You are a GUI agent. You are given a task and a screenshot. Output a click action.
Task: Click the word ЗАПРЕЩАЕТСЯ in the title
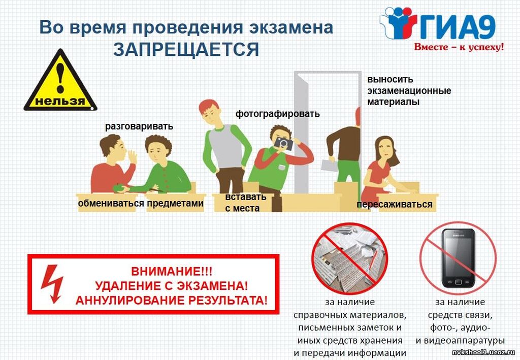(x=186, y=50)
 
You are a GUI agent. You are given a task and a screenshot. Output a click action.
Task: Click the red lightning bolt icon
(x=52, y=284)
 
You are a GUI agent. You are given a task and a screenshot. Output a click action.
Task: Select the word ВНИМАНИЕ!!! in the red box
(x=172, y=272)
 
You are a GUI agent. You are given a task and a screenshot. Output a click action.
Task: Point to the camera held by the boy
(x=283, y=143)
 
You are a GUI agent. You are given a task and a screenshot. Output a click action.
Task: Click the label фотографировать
(x=278, y=114)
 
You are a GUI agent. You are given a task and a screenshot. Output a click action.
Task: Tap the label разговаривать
(x=139, y=126)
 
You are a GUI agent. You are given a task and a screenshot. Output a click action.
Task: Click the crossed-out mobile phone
(x=459, y=258)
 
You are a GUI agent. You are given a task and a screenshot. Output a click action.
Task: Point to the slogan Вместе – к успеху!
(x=459, y=47)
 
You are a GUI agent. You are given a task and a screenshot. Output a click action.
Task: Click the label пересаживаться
(x=394, y=204)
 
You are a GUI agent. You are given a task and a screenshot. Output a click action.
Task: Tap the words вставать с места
(x=246, y=202)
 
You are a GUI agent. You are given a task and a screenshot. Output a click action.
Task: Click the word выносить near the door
(x=390, y=80)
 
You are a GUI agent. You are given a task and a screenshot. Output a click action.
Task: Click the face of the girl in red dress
(x=385, y=150)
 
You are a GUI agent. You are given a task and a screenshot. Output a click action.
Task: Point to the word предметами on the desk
(x=175, y=203)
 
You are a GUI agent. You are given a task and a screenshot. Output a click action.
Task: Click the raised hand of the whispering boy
(x=132, y=156)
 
